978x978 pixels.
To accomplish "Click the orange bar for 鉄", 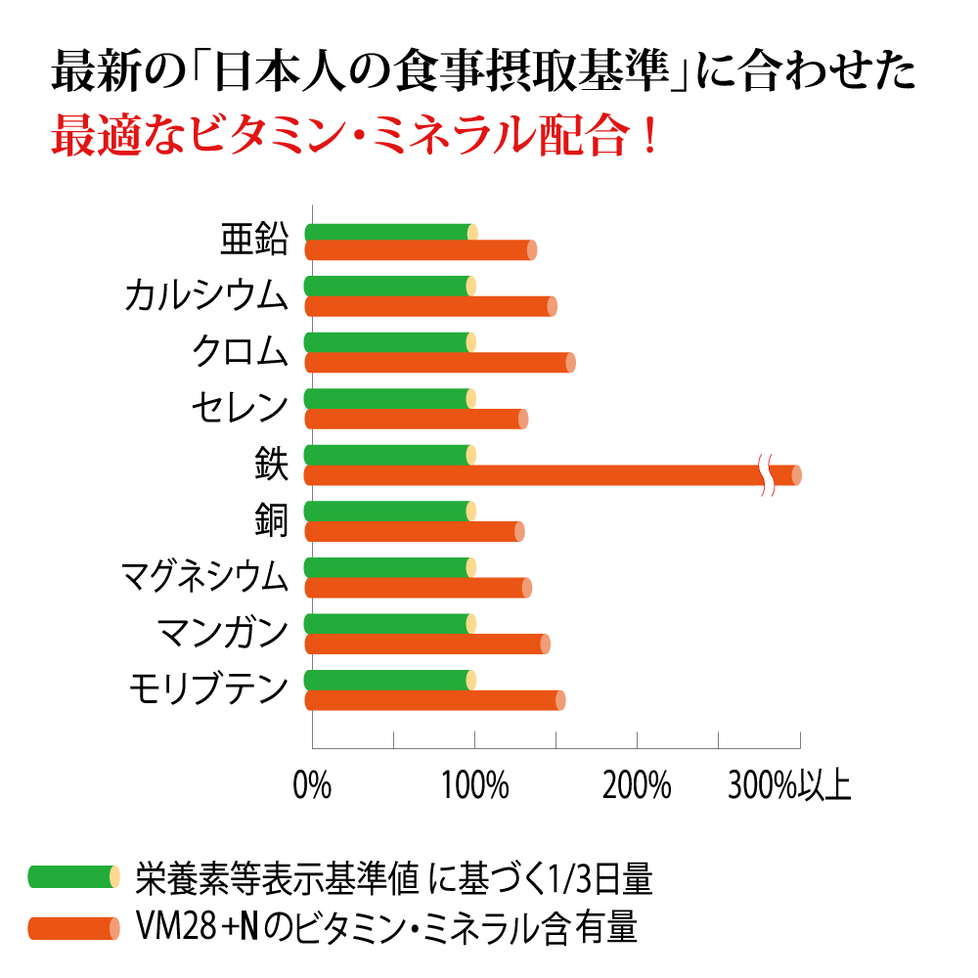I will pos(538,475).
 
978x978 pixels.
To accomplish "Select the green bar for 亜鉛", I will pos(391,232).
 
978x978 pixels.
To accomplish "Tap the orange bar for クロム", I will pos(440,363).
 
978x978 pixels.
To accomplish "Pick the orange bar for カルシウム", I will pos(430,306).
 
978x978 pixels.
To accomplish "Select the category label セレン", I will pos(240,406).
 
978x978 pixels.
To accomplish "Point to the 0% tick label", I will pos(312,785).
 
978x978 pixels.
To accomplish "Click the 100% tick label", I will pos(474,785).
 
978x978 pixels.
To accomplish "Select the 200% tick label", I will pos(637,785).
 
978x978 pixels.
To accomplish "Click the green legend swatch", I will pos(74,877).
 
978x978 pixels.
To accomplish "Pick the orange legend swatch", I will pos(74,927).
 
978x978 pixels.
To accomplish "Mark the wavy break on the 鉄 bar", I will pos(768,475).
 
